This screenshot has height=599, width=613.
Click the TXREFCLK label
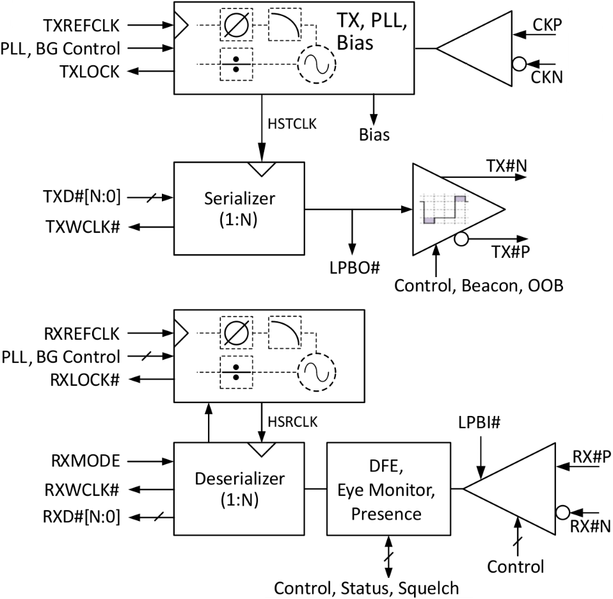(81, 26)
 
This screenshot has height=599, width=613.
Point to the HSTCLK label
(292, 124)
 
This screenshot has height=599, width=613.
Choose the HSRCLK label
(292, 422)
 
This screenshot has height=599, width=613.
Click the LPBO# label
(354, 268)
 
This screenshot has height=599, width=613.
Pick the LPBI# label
(479, 422)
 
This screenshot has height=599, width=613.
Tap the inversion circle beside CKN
(519, 64)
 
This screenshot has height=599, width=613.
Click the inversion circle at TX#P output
(461, 239)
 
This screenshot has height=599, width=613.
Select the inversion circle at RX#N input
(562, 512)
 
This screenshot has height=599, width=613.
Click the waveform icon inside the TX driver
(443, 209)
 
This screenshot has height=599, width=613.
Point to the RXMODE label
(86, 461)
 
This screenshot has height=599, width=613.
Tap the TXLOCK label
(90, 72)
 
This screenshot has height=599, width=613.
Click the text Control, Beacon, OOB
(479, 286)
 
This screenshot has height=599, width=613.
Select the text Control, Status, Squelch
(366, 588)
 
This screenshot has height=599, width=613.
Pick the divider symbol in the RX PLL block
(236, 372)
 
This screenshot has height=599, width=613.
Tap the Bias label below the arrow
(374, 135)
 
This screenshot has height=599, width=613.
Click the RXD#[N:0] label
(81, 517)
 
